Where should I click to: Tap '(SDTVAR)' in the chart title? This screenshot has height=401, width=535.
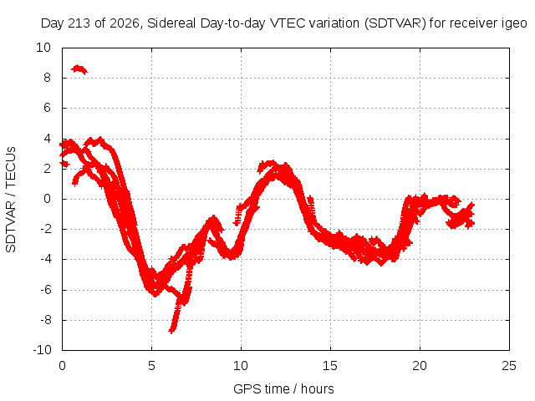coord(395,23)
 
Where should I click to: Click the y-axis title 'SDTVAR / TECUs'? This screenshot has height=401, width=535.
coord(11,200)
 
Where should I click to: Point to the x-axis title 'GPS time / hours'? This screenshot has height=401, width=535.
coord(283,388)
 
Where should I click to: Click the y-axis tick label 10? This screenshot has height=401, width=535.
coord(43,48)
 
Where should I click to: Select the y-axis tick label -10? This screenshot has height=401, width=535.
coord(42,350)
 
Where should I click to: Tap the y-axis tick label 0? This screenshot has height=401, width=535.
coord(47,199)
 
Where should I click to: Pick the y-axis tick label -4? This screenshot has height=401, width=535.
coord(45,259)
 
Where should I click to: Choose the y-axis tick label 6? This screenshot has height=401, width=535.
coord(47,108)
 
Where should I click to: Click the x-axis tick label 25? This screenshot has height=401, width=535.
coord(509,366)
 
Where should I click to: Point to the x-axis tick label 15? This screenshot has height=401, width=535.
coord(330,366)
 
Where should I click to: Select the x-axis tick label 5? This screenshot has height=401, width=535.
coord(151,366)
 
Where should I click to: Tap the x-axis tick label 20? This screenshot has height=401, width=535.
coord(420,366)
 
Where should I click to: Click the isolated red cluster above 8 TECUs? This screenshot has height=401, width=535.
coord(79,69)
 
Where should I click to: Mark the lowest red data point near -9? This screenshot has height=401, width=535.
coord(171,331)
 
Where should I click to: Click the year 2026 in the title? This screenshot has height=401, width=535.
coord(125,23)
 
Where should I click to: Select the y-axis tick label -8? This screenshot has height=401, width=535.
coord(45,320)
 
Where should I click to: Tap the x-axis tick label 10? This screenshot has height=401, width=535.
coord(241,366)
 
